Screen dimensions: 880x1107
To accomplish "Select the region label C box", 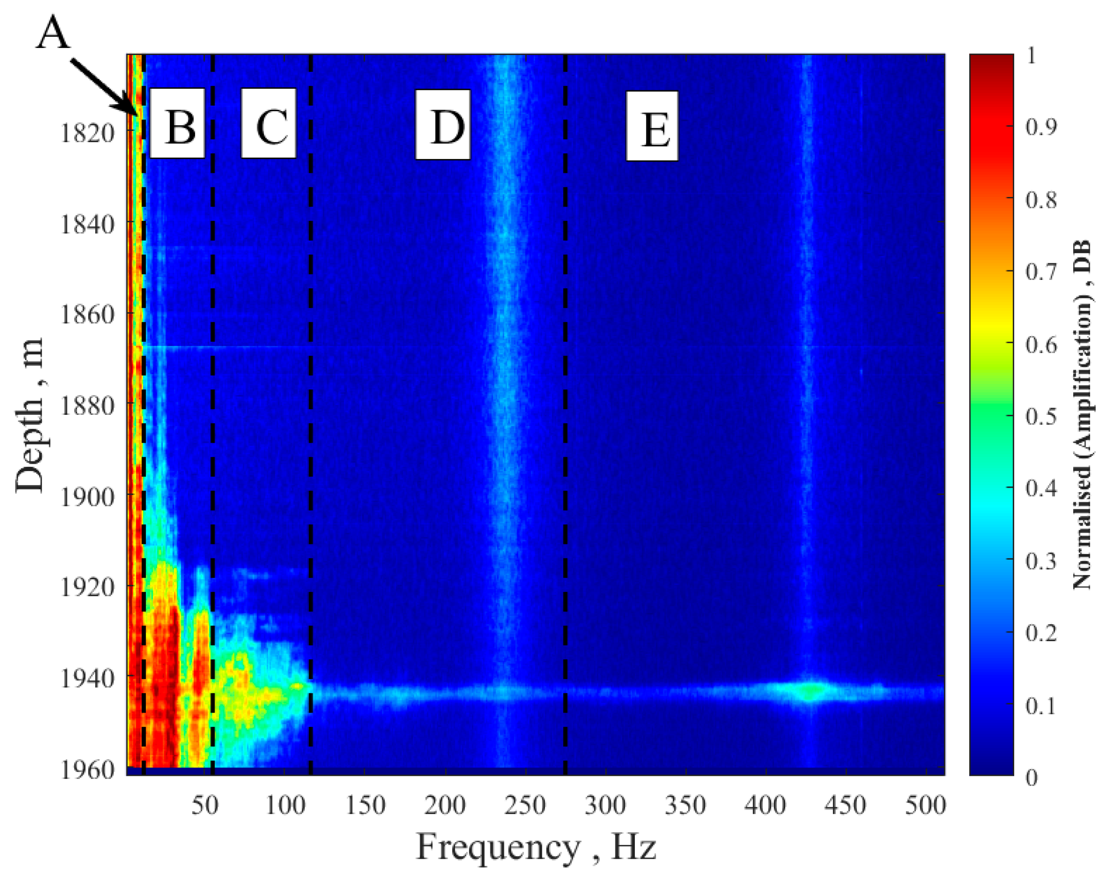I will (269, 123).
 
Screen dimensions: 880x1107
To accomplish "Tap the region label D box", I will (443, 125).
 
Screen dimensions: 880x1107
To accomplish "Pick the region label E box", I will (652, 126).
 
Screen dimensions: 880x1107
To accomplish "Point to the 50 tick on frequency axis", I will (205, 805).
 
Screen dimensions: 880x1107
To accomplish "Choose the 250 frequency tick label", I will (525, 805).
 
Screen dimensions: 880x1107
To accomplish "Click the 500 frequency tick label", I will (925, 805).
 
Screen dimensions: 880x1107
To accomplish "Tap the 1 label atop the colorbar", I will (1031, 56).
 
